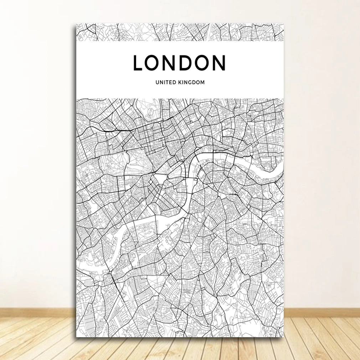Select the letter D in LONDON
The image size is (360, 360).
pos(187,63)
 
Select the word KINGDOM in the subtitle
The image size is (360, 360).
pos(191,82)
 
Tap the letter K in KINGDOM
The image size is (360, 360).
pos(180,82)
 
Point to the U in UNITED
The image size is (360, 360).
pos(157,82)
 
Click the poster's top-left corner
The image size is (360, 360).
pos(76,24)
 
